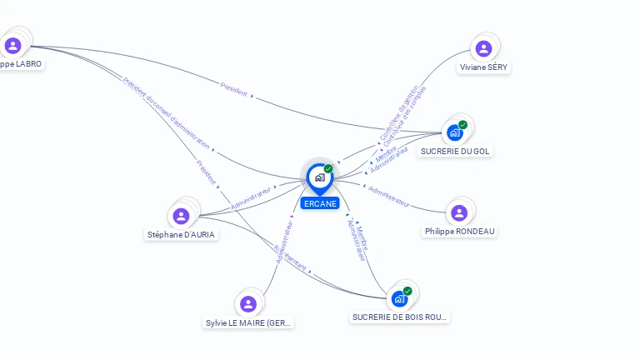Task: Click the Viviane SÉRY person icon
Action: (482, 48)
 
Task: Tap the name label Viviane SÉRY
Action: (484, 67)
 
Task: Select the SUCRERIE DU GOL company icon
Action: (455, 132)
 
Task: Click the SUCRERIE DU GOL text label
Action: (455, 151)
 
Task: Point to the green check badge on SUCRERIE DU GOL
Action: (463, 125)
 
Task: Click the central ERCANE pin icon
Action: (319, 177)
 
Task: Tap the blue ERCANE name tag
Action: (320, 203)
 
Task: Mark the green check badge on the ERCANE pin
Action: (328, 168)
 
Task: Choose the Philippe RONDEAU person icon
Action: (459, 212)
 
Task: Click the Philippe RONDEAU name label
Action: (460, 232)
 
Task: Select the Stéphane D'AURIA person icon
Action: (181, 216)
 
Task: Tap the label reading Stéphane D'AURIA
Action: (181, 235)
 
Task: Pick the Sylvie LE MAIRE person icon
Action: (247, 303)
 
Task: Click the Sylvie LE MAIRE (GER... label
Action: (248, 322)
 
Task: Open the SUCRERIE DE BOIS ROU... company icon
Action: (400, 297)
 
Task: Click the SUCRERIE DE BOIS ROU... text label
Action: (400, 317)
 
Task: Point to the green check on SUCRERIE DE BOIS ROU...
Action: (407, 291)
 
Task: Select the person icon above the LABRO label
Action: (12, 45)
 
